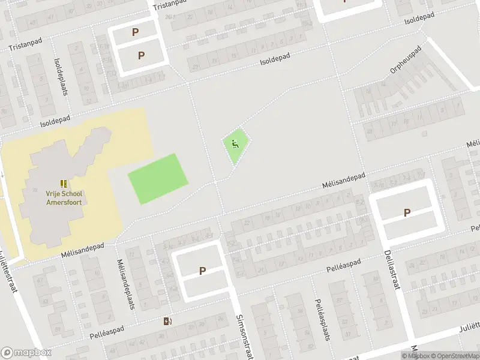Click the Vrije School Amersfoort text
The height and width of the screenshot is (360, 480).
click(x=64, y=197)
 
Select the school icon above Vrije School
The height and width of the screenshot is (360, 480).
click(x=64, y=183)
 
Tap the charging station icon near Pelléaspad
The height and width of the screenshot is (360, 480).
click(x=168, y=321)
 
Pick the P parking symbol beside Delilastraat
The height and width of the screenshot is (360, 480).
click(x=407, y=212)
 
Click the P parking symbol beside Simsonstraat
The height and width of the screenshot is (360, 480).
click(x=202, y=271)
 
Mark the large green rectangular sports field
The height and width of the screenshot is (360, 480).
click(x=158, y=179)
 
